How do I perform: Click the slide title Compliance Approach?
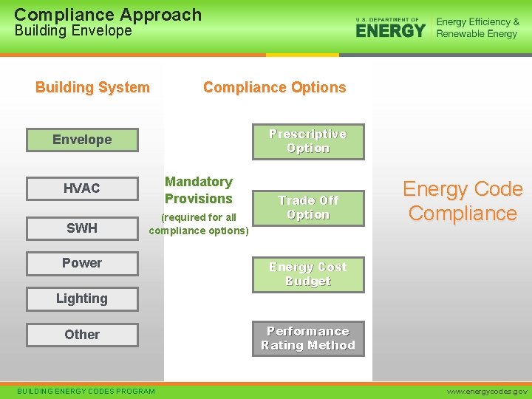point(108,14)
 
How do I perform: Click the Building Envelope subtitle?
point(73,31)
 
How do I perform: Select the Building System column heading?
point(92,87)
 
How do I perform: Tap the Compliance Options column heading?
point(274,87)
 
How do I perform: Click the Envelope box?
point(82,140)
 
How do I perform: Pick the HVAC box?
point(82,188)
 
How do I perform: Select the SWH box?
point(82,228)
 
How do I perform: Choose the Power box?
point(82,263)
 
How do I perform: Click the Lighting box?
point(82,299)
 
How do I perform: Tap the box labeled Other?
point(82,335)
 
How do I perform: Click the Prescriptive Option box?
point(308,141)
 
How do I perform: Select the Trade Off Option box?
point(308,208)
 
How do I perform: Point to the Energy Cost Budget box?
point(308,274)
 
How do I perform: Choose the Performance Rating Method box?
point(308,338)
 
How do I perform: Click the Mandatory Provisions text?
point(199,190)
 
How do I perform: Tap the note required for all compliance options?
point(199,224)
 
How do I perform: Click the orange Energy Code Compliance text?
point(463,201)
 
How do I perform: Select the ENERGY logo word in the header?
point(390,30)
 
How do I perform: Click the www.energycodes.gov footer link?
point(486,391)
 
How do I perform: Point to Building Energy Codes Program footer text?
point(86,391)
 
